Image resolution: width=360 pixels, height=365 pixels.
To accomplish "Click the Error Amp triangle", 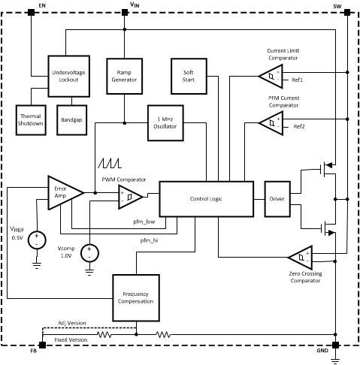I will pos(63,193).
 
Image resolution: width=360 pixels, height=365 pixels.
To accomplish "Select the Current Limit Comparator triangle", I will pos(270,75).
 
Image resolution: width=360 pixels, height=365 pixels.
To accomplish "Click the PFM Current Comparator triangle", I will pos(270,122).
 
